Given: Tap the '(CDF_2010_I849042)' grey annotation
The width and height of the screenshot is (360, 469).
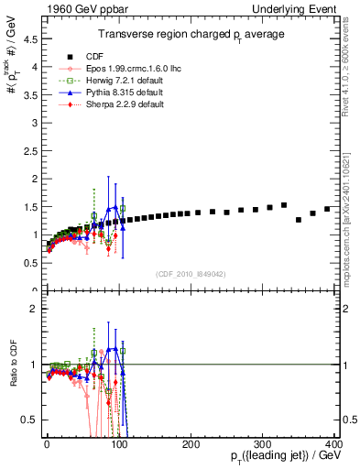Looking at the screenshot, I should [191, 273].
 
